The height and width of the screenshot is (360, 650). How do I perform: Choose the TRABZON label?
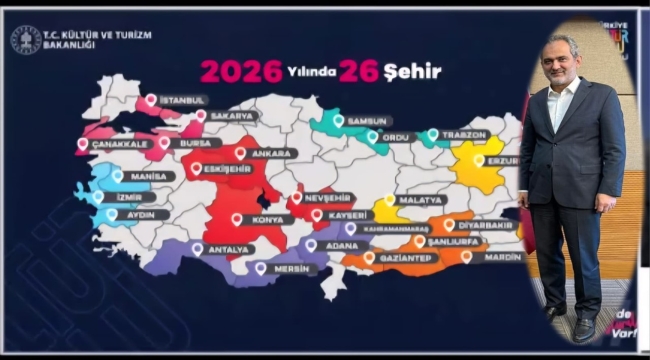464,134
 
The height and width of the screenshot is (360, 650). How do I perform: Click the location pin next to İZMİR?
97,196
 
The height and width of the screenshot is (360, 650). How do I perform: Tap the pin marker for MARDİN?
466,256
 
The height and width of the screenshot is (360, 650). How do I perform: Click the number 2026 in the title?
240,71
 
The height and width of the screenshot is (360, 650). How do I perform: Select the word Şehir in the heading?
413,71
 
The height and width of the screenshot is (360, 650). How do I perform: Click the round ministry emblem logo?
26,39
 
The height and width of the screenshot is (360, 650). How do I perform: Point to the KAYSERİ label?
346,214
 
